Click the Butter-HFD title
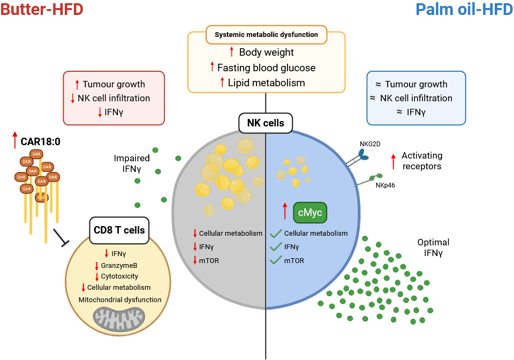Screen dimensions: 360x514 [x=42, y=10]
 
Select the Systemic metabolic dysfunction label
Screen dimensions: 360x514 [x=266, y=35]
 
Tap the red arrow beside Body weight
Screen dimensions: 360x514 [x=231, y=52]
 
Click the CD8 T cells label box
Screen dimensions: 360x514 [x=119, y=230]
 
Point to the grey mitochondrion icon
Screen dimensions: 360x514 [x=119, y=319]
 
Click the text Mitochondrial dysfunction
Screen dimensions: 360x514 [x=120, y=299]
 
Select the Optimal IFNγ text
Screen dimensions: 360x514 [x=433, y=247]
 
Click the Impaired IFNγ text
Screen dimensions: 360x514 [x=132, y=163]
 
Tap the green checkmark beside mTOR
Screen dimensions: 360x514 [x=276, y=261]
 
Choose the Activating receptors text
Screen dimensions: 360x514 [x=422, y=160]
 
